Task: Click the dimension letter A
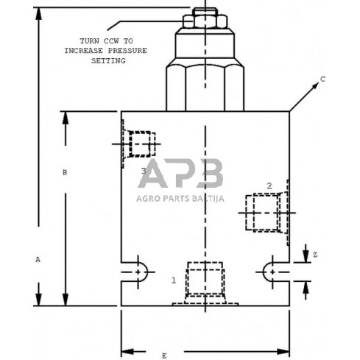tap(38, 259)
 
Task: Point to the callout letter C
tap(322, 78)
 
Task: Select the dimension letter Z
tap(314, 254)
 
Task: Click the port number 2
tap(269, 185)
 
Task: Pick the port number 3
tap(144, 171)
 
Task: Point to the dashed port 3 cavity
tap(139, 143)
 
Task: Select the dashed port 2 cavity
tap(266, 211)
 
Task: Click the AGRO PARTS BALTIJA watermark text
tap(180, 197)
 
